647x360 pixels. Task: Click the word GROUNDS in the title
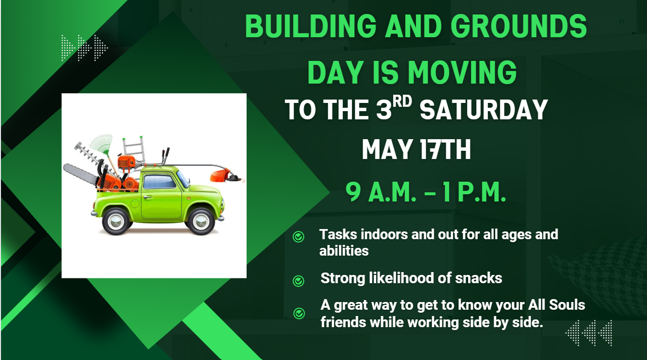(x=518, y=26)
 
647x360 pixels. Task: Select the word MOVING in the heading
(x=462, y=72)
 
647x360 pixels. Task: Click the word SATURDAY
(x=484, y=109)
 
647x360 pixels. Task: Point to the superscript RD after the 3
(x=402, y=101)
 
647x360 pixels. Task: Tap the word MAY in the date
(x=387, y=149)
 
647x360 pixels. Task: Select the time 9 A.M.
(x=381, y=192)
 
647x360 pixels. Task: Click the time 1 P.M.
(x=474, y=192)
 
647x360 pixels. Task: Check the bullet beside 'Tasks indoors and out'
(x=298, y=237)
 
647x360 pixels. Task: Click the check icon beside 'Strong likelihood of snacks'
(x=298, y=281)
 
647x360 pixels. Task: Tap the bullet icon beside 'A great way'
(x=299, y=313)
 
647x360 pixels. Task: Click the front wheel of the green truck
(x=201, y=221)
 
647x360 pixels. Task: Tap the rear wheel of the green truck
(x=116, y=221)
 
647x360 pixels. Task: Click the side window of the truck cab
(x=159, y=182)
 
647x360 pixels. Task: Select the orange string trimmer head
(x=221, y=176)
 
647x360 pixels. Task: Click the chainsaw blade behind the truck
(x=80, y=174)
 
